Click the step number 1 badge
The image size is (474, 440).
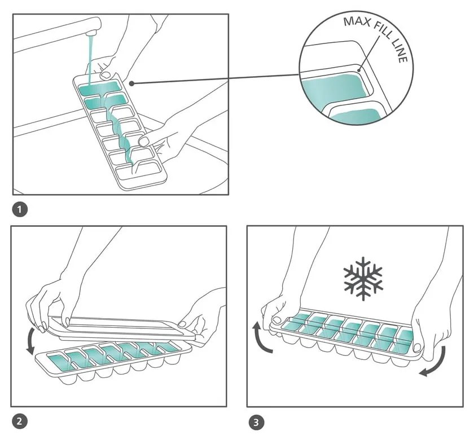[20, 210]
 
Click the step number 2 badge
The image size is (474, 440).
[19, 420]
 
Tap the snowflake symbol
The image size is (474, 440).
[363, 279]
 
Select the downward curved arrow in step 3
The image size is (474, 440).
[434, 360]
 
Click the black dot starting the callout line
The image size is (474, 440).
[131, 83]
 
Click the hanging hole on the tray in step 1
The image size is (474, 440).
[106, 74]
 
